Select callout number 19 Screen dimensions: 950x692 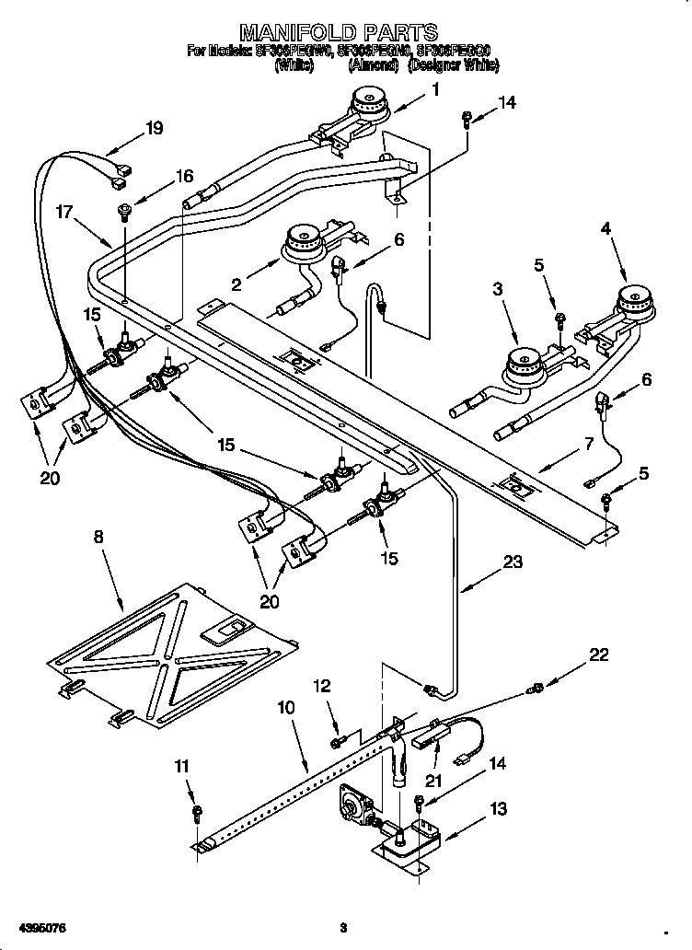[x=154, y=128]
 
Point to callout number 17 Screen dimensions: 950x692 [x=63, y=211]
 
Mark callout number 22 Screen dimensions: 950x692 [x=599, y=655]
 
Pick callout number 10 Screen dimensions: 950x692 [x=285, y=708]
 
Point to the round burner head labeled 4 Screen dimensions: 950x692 [x=632, y=299]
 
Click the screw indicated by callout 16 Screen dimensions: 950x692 [x=121, y=214]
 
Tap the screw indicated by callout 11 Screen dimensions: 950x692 [x=198, y=812]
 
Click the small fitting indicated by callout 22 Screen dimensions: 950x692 [x=534, y=689]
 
